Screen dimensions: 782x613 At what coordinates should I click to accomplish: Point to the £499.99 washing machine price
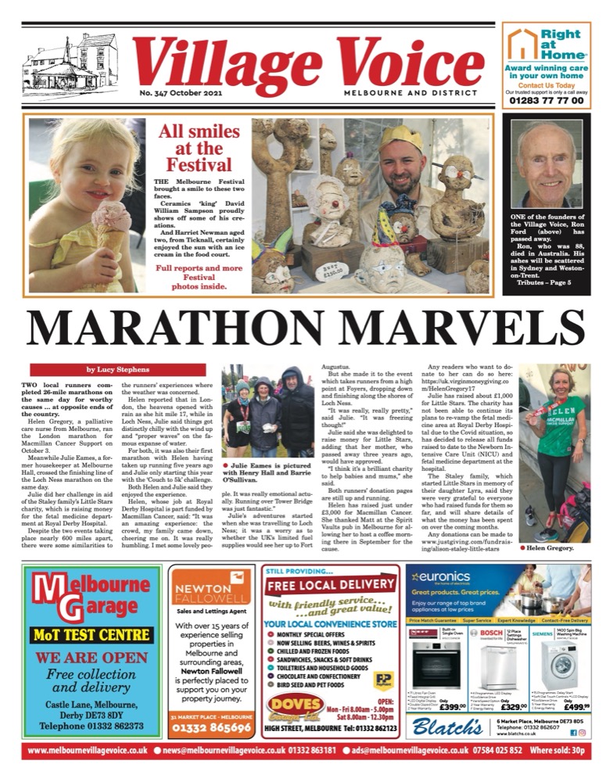[579, 707]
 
